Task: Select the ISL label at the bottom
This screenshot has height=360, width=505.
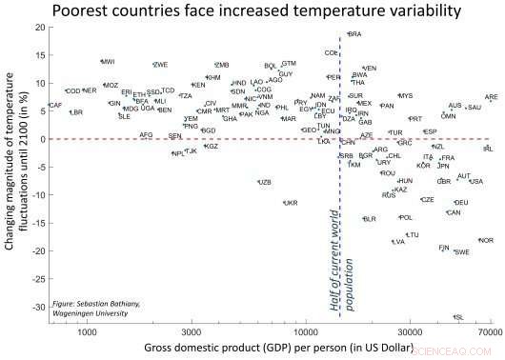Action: click(459, 317)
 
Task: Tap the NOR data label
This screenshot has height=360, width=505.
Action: click(486, 241)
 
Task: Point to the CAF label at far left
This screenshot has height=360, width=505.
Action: click(55, 106)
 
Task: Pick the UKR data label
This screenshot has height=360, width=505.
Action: click(291, 203)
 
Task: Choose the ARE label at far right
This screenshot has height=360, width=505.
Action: click(491, 97)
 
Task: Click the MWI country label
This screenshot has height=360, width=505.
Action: click(108, 62)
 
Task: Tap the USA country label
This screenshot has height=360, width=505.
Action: click(475, 182)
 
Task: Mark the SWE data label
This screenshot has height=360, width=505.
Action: click(461, 252)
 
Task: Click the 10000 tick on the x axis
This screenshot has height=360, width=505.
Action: click(305, 335)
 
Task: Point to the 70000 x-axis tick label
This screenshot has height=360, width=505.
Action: click(491, 335)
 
